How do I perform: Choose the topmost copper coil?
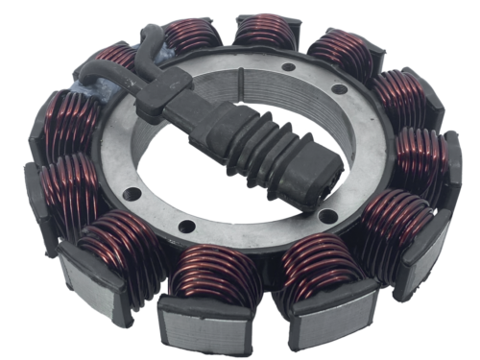point(264,34)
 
